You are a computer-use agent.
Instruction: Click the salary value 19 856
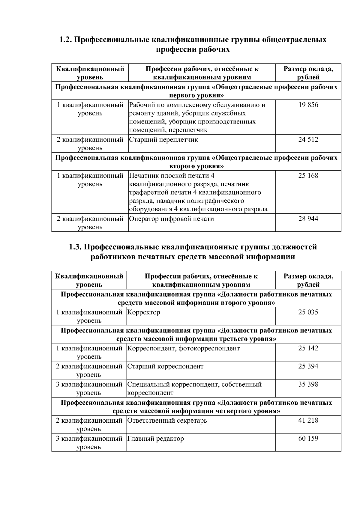coord(308,105)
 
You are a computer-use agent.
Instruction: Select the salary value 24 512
coord(308,140)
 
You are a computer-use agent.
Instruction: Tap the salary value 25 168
coord(308,176)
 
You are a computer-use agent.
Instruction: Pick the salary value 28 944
coord(308,219)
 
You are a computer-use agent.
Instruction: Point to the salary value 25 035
coord(308,312)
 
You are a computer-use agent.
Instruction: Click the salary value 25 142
coord(308,348)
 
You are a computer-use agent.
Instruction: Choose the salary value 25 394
coord(308,366)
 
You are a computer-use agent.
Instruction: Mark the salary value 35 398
coord(308,384)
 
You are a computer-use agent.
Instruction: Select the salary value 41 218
coord(308,421)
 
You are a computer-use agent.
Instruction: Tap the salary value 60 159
coord(308,439)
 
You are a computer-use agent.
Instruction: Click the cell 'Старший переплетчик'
coord(163,140)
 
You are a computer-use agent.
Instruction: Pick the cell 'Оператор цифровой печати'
coord(171,219)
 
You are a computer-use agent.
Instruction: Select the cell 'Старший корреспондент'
coord(165,366)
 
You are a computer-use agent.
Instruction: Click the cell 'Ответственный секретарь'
coord(167,421)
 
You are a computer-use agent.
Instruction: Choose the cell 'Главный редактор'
coord(156,439)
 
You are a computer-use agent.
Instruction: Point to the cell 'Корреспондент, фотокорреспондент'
coord(184,348)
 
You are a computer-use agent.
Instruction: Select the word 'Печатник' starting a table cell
coord(144,176)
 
